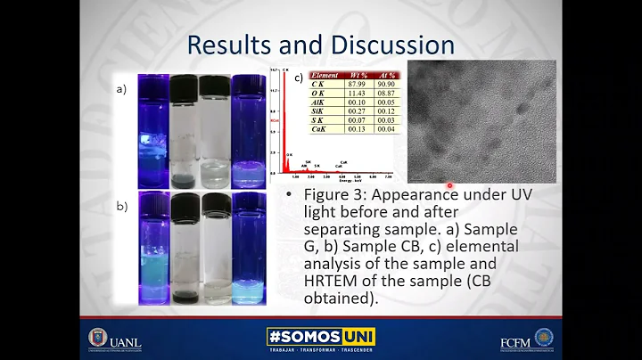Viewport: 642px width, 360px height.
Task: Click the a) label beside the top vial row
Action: click(121, 90)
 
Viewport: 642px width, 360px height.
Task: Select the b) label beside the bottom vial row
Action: click(121, 206)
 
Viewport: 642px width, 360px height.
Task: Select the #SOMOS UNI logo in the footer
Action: click(321, 338)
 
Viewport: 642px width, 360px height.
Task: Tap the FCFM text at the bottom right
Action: click(515, 341)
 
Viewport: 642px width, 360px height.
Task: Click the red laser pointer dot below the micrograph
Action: click(450, 185)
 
